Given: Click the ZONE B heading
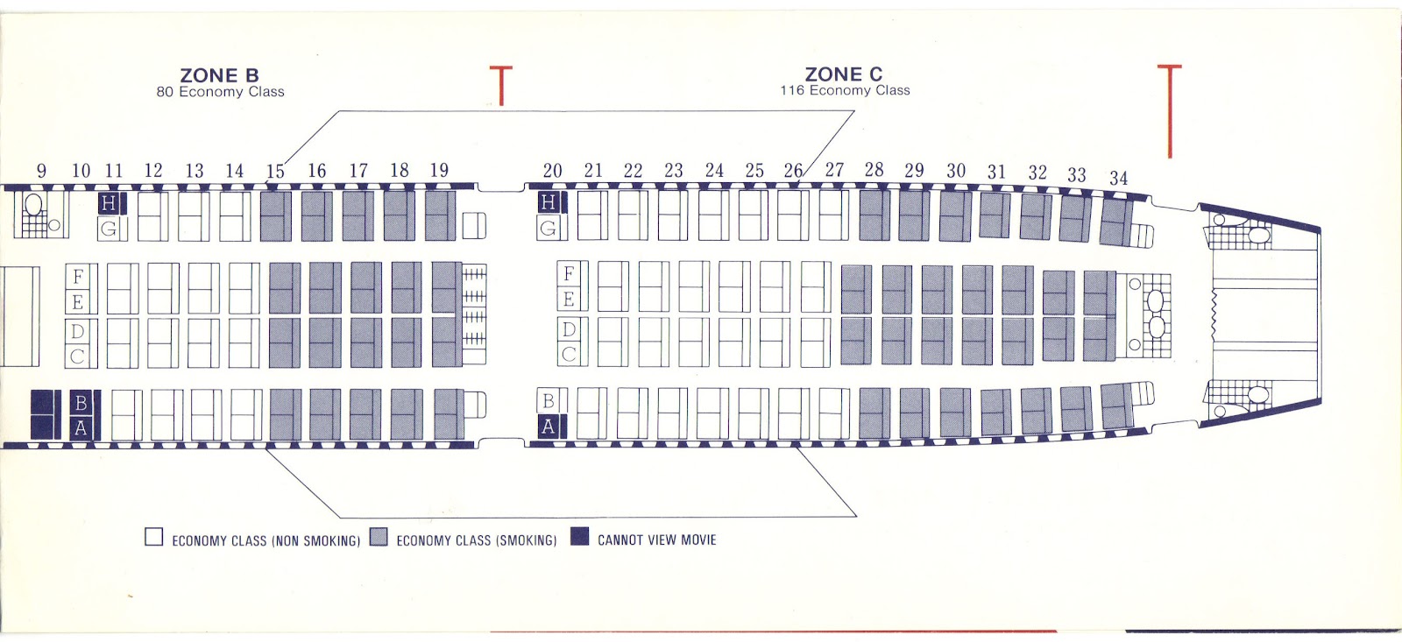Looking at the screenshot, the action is (x=219, y=75).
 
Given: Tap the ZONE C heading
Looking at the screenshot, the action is (x=844, y=74).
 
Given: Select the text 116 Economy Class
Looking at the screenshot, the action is (x=845, y=90).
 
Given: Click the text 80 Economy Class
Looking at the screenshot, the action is (x=220, y=92).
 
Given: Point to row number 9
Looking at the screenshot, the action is (x=41, y=171).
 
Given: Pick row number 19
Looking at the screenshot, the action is (x=439, y=170).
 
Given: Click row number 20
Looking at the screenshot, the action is (x=552, y=171).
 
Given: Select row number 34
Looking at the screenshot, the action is (x=1118, y=179).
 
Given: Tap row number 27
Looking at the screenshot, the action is (x=834, y=170).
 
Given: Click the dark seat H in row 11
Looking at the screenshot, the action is (x=109, y=204).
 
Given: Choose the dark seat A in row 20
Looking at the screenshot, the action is (x=549, y=427).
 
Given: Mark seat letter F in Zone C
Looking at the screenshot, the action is (x=569, y=273).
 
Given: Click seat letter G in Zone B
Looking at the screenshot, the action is (x=109, y=229).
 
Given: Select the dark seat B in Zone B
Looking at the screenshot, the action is (x=81, y=403).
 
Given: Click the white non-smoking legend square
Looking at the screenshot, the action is (x=154, y=537).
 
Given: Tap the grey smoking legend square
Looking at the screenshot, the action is (x=379, y=537).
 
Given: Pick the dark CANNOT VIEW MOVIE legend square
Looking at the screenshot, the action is (x=579, y=536).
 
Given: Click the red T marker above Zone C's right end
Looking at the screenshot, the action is (x=1169, y=109).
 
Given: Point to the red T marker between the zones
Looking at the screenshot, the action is (x=500, y=86).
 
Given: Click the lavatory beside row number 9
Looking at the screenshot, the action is (x=39, y=215).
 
